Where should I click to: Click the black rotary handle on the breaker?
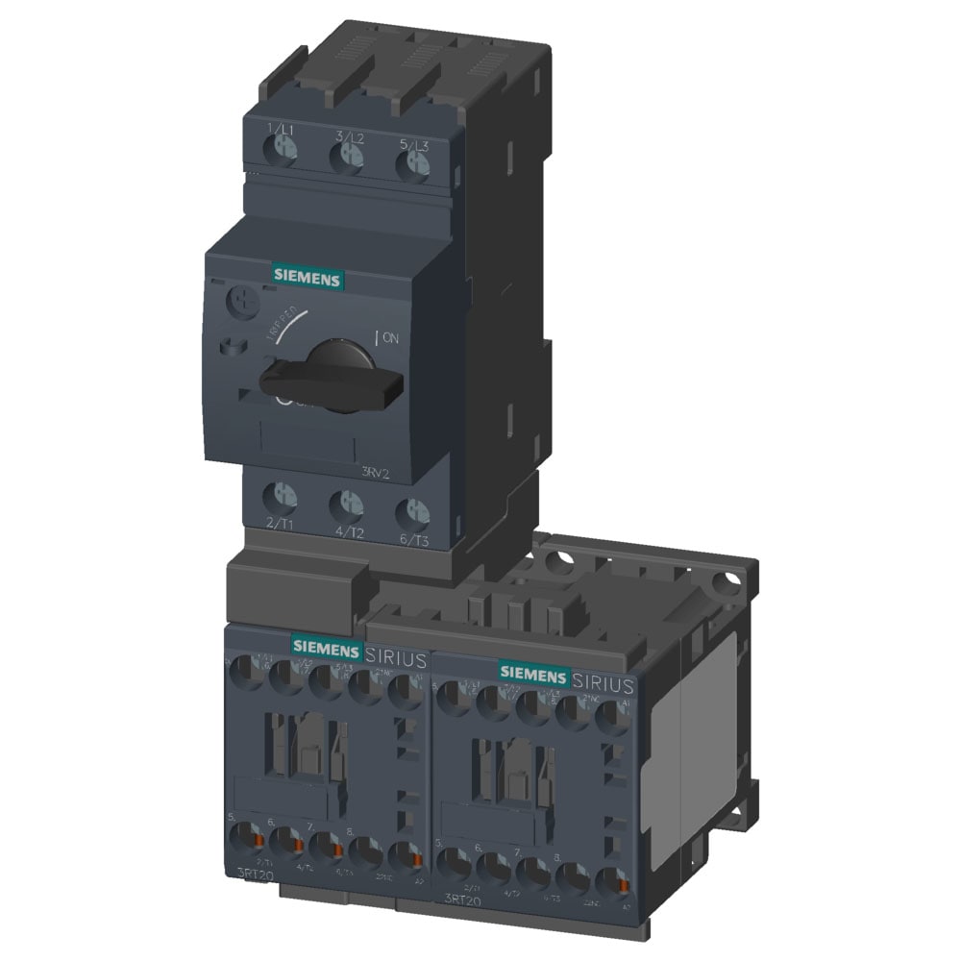pyautogui.click(x=332, y=380)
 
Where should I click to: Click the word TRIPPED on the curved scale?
pyautogui.click(x=282, y=326)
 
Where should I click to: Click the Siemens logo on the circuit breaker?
pyautogui.click(x=307, y=277)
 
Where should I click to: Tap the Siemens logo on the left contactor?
pyautogui.click(x=327, y=647)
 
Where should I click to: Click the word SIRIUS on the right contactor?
pyautogui.click(x=604, y=683)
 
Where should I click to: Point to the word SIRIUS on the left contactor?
pyautogui.click(x=396, y=658)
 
